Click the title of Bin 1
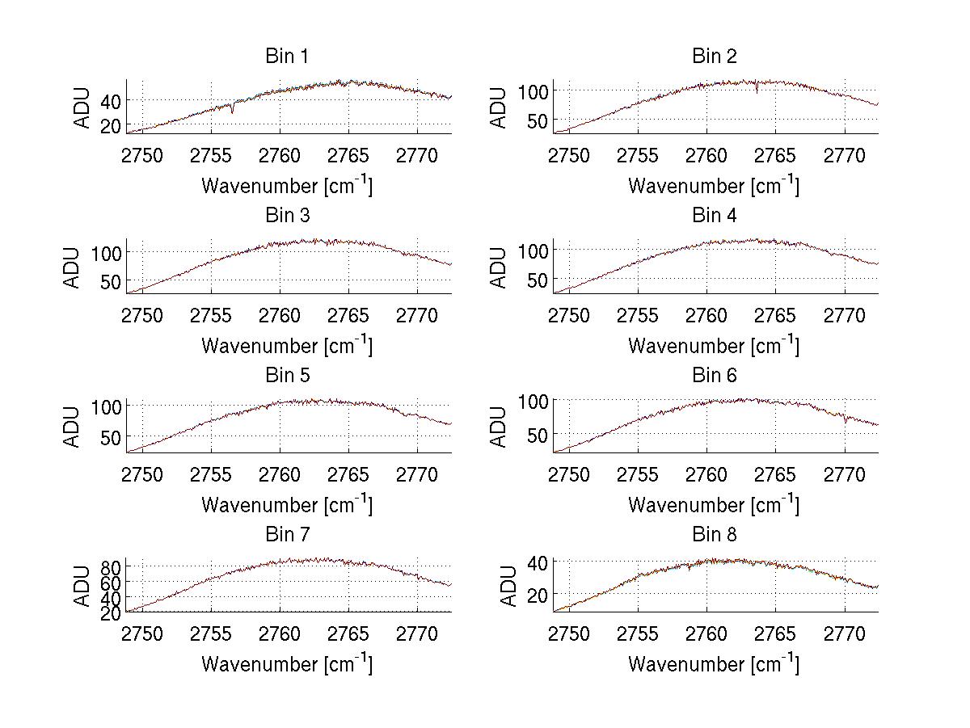coord(287,57)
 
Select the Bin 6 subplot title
coord(715,376)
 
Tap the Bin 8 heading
coord(715,535)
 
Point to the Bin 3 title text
coord(287,216)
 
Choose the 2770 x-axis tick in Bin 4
coord(845,315)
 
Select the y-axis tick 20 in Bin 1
coord(111,125)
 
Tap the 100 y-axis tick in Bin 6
coord(533,401)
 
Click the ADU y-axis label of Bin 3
coord(74,267)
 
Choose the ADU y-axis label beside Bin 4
coord(500,267)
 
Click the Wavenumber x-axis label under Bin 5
coord(287,505)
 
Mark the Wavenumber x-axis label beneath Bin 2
coord(715,186)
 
